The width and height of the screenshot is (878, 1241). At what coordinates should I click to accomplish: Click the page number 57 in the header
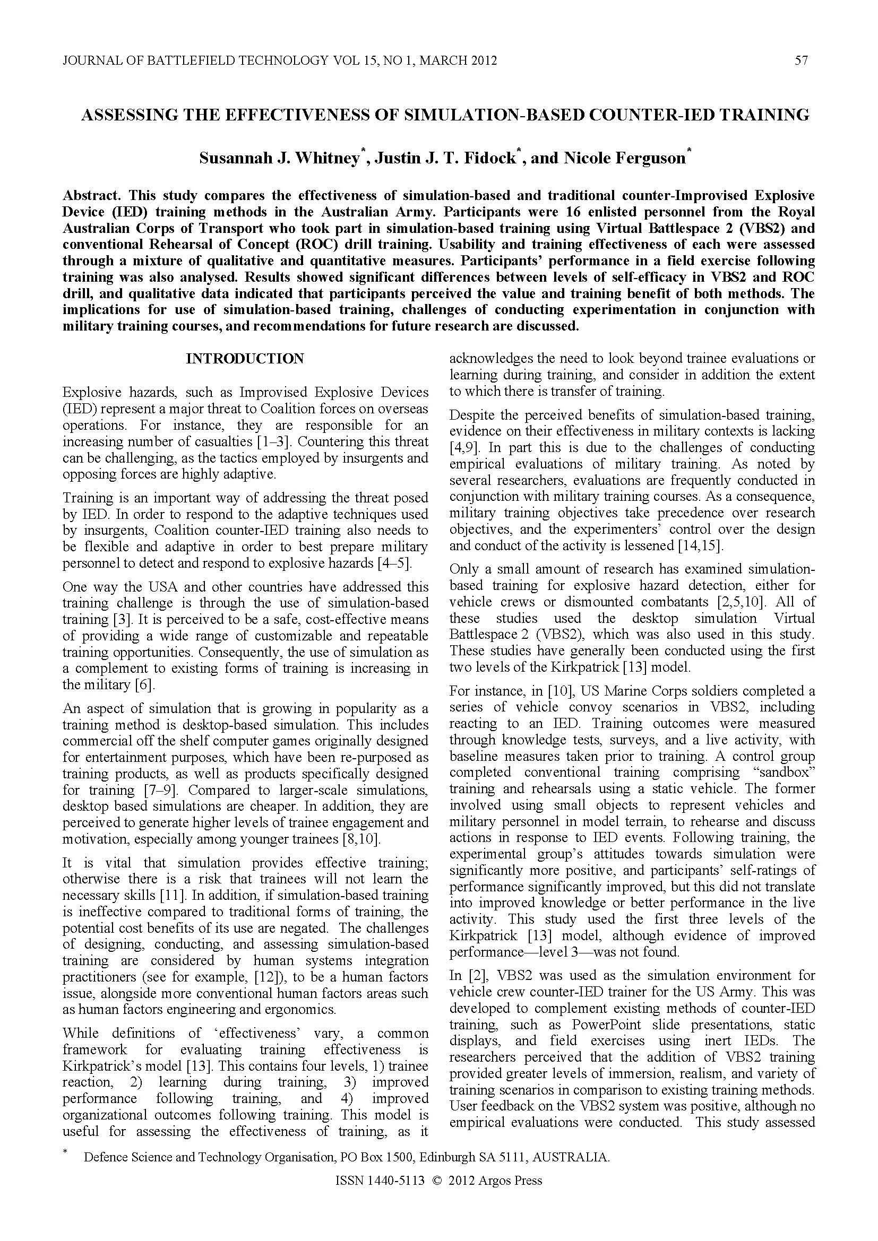tap(801, 60)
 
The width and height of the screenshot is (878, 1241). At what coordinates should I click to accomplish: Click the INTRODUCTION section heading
tap(245, 359)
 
